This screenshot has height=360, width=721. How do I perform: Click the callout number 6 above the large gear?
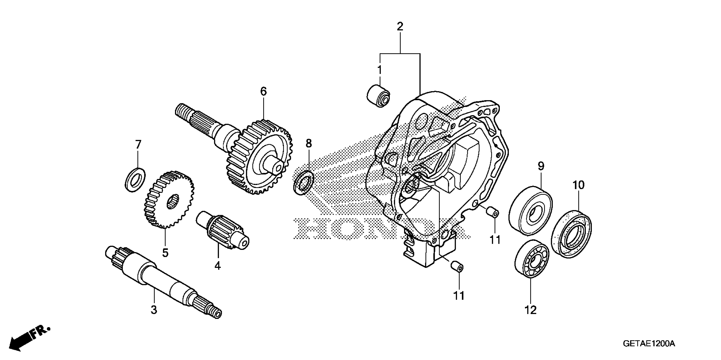coord(263,91)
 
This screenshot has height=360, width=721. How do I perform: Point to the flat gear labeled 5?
coord(169,199)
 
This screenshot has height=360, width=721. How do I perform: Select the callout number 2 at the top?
coord(400,26)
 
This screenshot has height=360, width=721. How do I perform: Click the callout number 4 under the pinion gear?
coord(217,266)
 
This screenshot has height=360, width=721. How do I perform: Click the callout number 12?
coord(530,310)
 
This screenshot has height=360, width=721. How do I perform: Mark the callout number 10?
coord(578,185)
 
